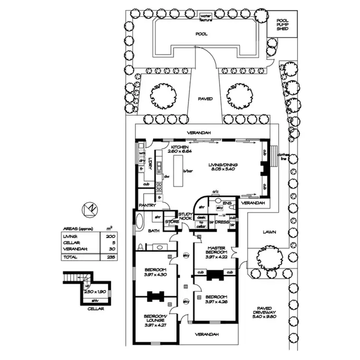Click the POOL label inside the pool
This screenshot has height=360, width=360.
(x=201, y=35)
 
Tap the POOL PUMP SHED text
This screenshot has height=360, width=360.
(x=282, y=24)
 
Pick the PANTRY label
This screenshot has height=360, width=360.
(x=145, y=205)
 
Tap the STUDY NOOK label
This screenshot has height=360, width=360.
(x=185, y=216)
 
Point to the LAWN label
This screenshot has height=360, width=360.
(x=269, y=232)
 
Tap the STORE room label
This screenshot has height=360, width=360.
(x=171, y=222)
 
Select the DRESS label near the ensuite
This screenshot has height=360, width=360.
(x=220, y=222)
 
